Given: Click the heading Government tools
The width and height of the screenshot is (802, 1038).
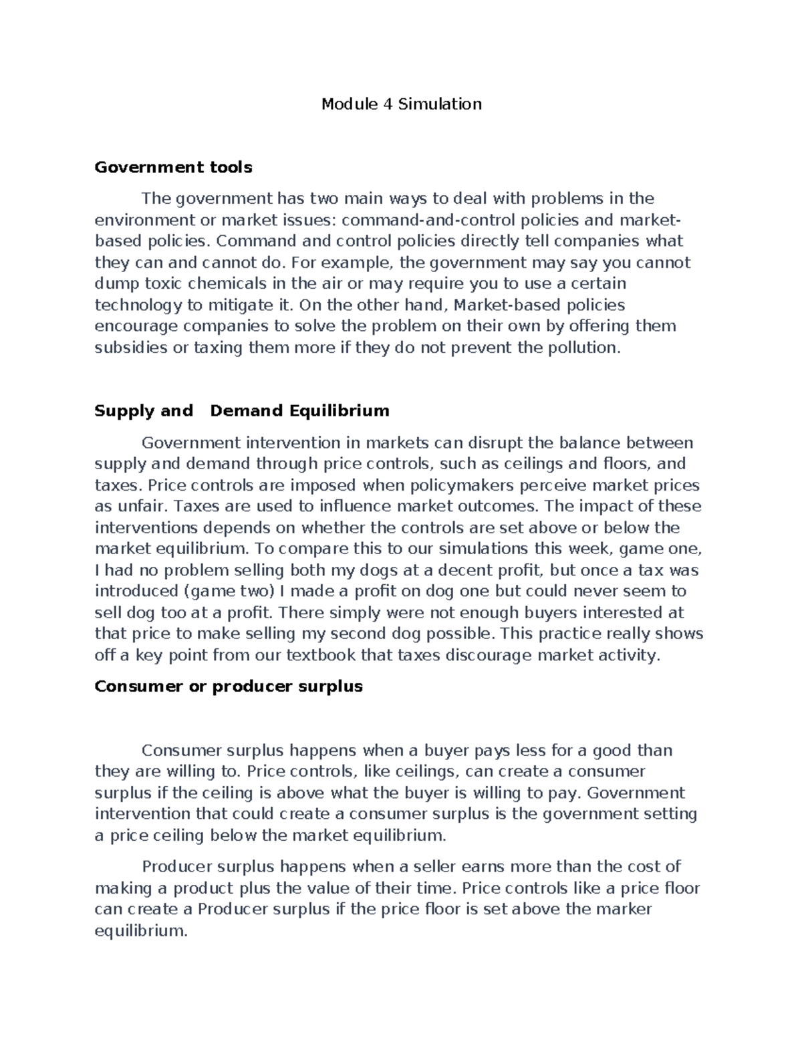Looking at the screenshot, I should (173, 167).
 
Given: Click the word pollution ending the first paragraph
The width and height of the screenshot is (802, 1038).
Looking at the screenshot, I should (579, 348).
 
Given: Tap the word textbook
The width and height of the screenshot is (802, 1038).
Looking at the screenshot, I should (321, 655).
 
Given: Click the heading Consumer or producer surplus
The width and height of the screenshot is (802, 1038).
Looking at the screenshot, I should (228, 686).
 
